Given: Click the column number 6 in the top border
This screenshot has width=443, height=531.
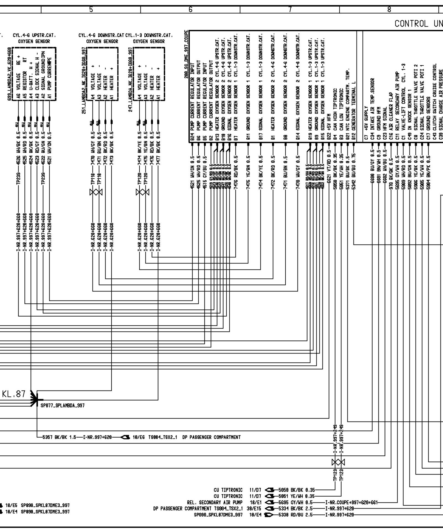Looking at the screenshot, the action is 190,9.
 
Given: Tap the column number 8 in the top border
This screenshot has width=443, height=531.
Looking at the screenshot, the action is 389,9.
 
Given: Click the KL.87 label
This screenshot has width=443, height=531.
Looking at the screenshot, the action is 14,394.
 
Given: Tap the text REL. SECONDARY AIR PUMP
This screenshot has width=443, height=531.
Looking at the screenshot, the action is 215,502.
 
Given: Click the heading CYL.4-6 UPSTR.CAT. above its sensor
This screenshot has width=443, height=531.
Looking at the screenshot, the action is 34,36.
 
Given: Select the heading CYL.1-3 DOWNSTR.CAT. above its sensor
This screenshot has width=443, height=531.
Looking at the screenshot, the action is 149,36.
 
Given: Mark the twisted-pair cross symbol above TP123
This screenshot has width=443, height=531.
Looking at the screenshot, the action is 338,462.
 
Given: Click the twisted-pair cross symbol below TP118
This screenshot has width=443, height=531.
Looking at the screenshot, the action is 96,192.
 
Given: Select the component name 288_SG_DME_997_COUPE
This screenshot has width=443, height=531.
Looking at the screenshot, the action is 186,55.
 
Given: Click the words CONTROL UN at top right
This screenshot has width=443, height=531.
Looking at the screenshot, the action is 418,24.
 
